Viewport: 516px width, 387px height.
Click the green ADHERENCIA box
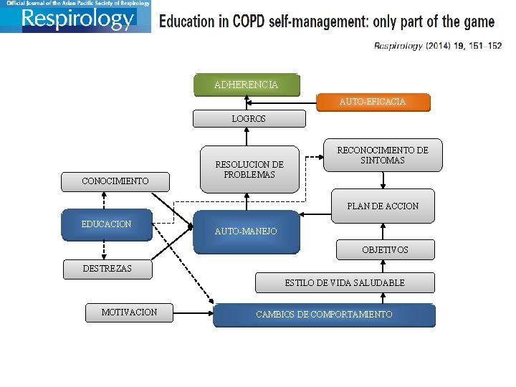tap(246, 85)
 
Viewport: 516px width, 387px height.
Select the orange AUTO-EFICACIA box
tap(373, 102)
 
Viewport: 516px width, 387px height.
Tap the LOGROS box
tap(249, 118)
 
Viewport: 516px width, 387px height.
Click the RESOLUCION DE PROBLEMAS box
tap(249, 169)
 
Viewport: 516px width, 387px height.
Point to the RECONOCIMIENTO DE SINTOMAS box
tap(383, 155)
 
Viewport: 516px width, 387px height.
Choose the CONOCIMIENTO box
tap(115, 181)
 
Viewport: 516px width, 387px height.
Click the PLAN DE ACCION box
tap(383, 206)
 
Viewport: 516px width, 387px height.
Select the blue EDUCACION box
tap(107, 224)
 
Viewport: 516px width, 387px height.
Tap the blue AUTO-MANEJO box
tap(246, 231)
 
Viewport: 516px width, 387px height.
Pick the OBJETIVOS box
tap(385, 249)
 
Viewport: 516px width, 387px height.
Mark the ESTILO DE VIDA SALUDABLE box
tap(345, 282)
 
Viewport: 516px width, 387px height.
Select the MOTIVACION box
tap(129, 312)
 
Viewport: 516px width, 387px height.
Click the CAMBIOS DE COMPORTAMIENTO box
tap(324, 315)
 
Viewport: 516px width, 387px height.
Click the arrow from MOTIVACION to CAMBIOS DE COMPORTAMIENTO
tap(193, 312)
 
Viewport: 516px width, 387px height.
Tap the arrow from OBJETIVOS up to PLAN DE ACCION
tap(383, 231)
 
